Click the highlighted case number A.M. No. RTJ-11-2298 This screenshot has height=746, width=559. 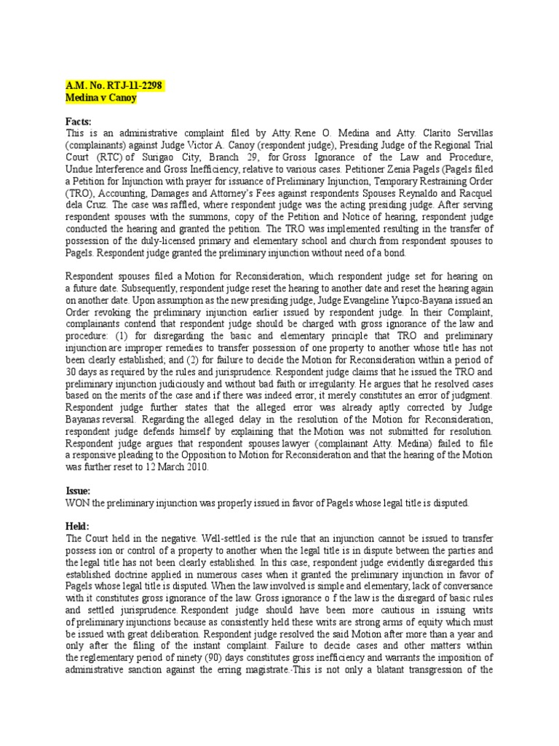tap(113, 86)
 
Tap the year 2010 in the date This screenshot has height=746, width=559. tap(195, 468)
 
